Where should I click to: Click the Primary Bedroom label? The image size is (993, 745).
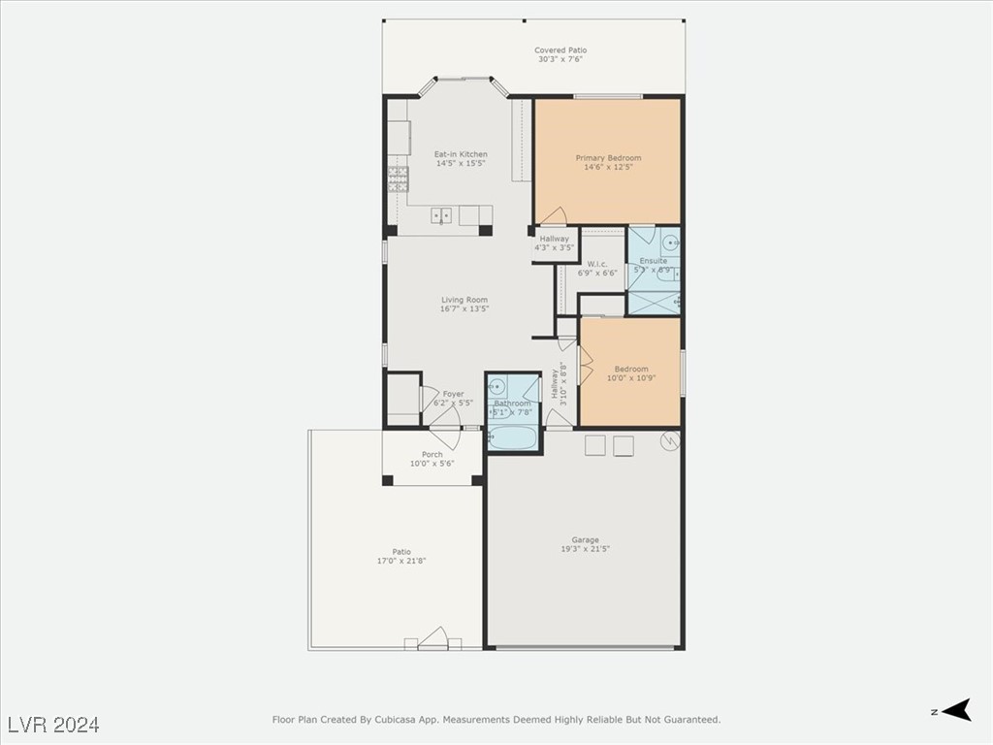[x=608, y=158]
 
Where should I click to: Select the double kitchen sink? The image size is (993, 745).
[x=441, y=215]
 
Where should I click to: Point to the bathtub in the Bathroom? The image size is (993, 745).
[x=512, y=437]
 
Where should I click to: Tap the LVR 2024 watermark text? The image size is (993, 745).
[x=53, y=725]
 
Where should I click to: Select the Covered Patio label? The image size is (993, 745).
[x=561, y=50]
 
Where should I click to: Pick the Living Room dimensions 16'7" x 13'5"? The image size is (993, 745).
[x=464, y=308]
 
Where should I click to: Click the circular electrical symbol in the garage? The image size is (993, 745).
[x=667, y=442]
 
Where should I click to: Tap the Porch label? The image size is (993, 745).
[x=432, y=454]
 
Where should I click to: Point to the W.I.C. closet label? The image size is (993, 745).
[x=597, y=264]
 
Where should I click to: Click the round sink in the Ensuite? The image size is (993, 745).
[x=672, y=242]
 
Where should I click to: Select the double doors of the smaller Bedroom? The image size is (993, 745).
[x=585, y=367]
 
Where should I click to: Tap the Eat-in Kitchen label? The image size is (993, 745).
[x=461, y=154]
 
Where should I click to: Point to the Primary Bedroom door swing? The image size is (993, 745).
[x=553, y=215]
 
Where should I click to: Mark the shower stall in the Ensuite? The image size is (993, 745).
[x=653, y=303]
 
